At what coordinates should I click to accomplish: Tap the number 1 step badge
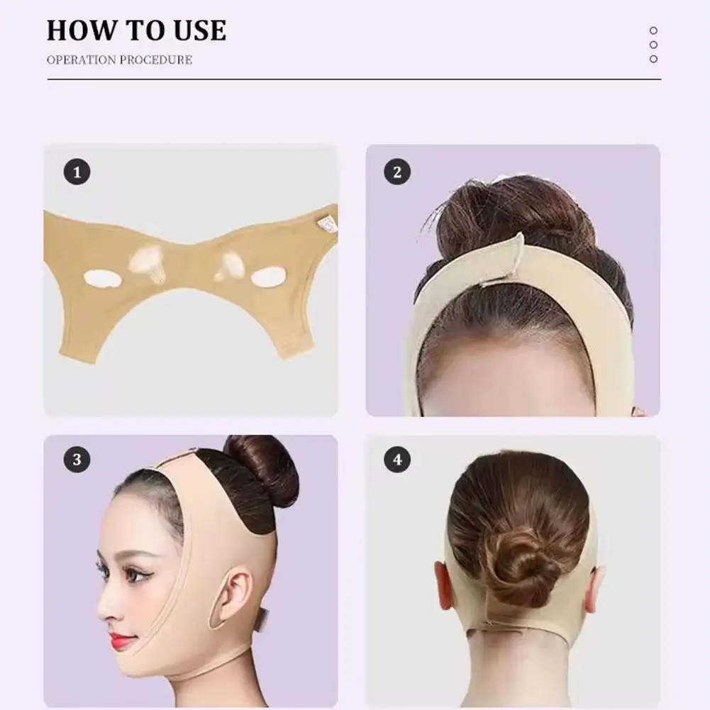tap(77, 172)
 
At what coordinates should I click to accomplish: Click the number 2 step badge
tap(397, 172)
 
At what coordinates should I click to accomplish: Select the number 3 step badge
tap(77, 460)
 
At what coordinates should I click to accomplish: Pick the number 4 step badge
tap(397, 460)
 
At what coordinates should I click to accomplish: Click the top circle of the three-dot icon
tap(653, 30)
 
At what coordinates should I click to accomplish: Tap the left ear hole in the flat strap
tap(99, 279)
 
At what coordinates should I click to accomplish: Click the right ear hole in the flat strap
tap(267, 277)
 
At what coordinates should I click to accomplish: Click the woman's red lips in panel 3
tap(122, 642)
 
